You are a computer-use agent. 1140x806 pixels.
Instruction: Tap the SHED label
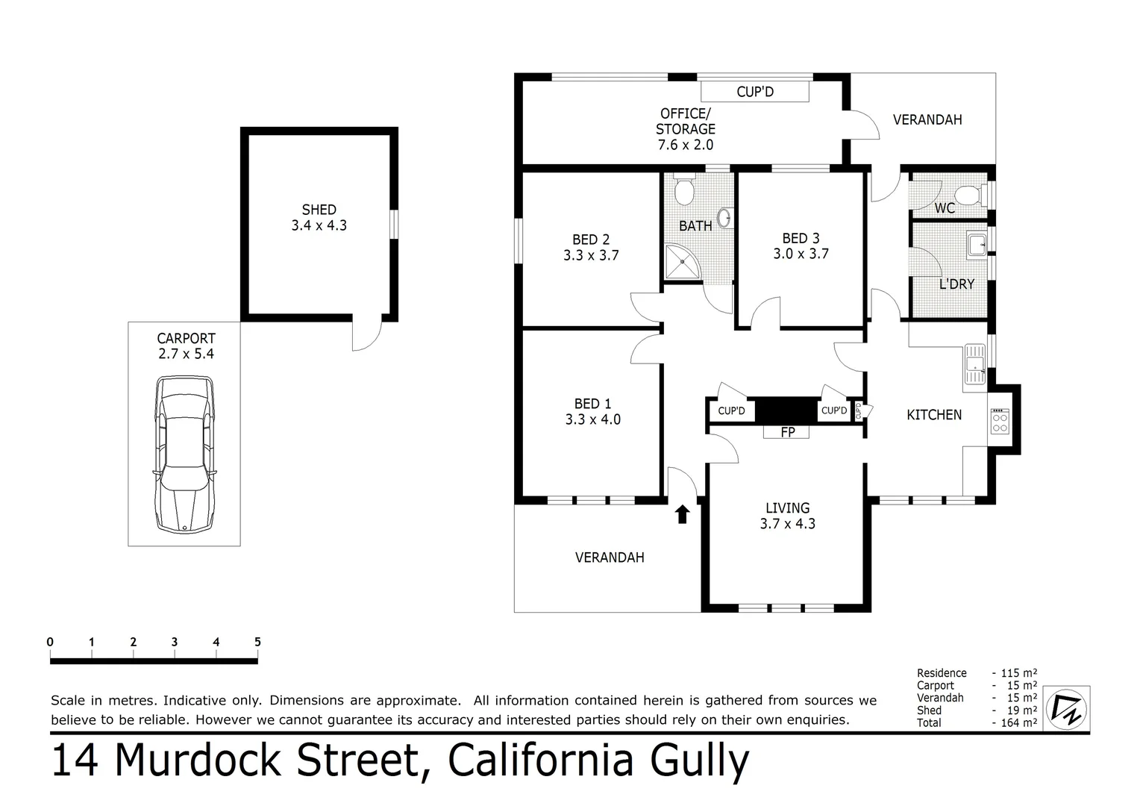[319, 210]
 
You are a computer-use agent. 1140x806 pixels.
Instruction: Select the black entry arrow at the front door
[682, 514]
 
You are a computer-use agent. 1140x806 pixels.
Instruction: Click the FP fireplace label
[787, 431]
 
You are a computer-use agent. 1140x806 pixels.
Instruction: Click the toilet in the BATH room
[683, 191]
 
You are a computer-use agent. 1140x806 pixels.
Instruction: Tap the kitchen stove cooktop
[999, 421]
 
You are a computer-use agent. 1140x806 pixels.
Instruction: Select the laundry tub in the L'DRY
[976, 244]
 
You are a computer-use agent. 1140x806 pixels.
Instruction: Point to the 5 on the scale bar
[257, 642]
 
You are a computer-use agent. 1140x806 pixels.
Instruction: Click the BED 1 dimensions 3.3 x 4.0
[592, 419]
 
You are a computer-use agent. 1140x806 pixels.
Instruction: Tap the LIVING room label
[787, 507]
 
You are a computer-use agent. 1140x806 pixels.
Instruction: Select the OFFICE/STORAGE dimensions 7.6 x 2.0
[685, 145]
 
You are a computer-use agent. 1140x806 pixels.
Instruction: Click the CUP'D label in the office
[754, 92]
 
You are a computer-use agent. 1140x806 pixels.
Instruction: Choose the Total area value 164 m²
[1018, 722]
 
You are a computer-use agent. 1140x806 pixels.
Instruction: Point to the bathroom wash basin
[723, 218]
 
